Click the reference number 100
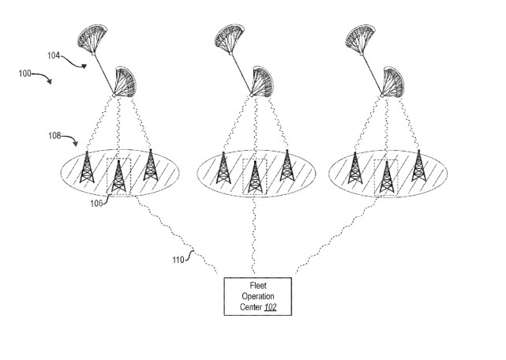point(24,73)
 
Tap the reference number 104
point(54,56)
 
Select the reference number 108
point(54,136)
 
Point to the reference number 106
point(96,204)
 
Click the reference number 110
point(178,260)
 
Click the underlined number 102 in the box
point(271,307)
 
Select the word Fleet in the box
point(258,286)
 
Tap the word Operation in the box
point(258,296)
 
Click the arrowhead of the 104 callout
point(84,66)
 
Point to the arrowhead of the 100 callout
point(49,81)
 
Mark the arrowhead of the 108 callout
point(75,143)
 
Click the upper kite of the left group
point(92,39)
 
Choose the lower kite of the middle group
point(262,81)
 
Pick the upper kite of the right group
point(360,39)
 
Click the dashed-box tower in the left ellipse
point(118,176)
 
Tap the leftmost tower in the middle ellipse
point(223,167)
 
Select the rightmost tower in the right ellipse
point(419,165)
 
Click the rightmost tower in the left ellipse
point(151,165)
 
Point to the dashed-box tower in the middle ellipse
point(255,177)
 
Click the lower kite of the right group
point(393,82)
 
